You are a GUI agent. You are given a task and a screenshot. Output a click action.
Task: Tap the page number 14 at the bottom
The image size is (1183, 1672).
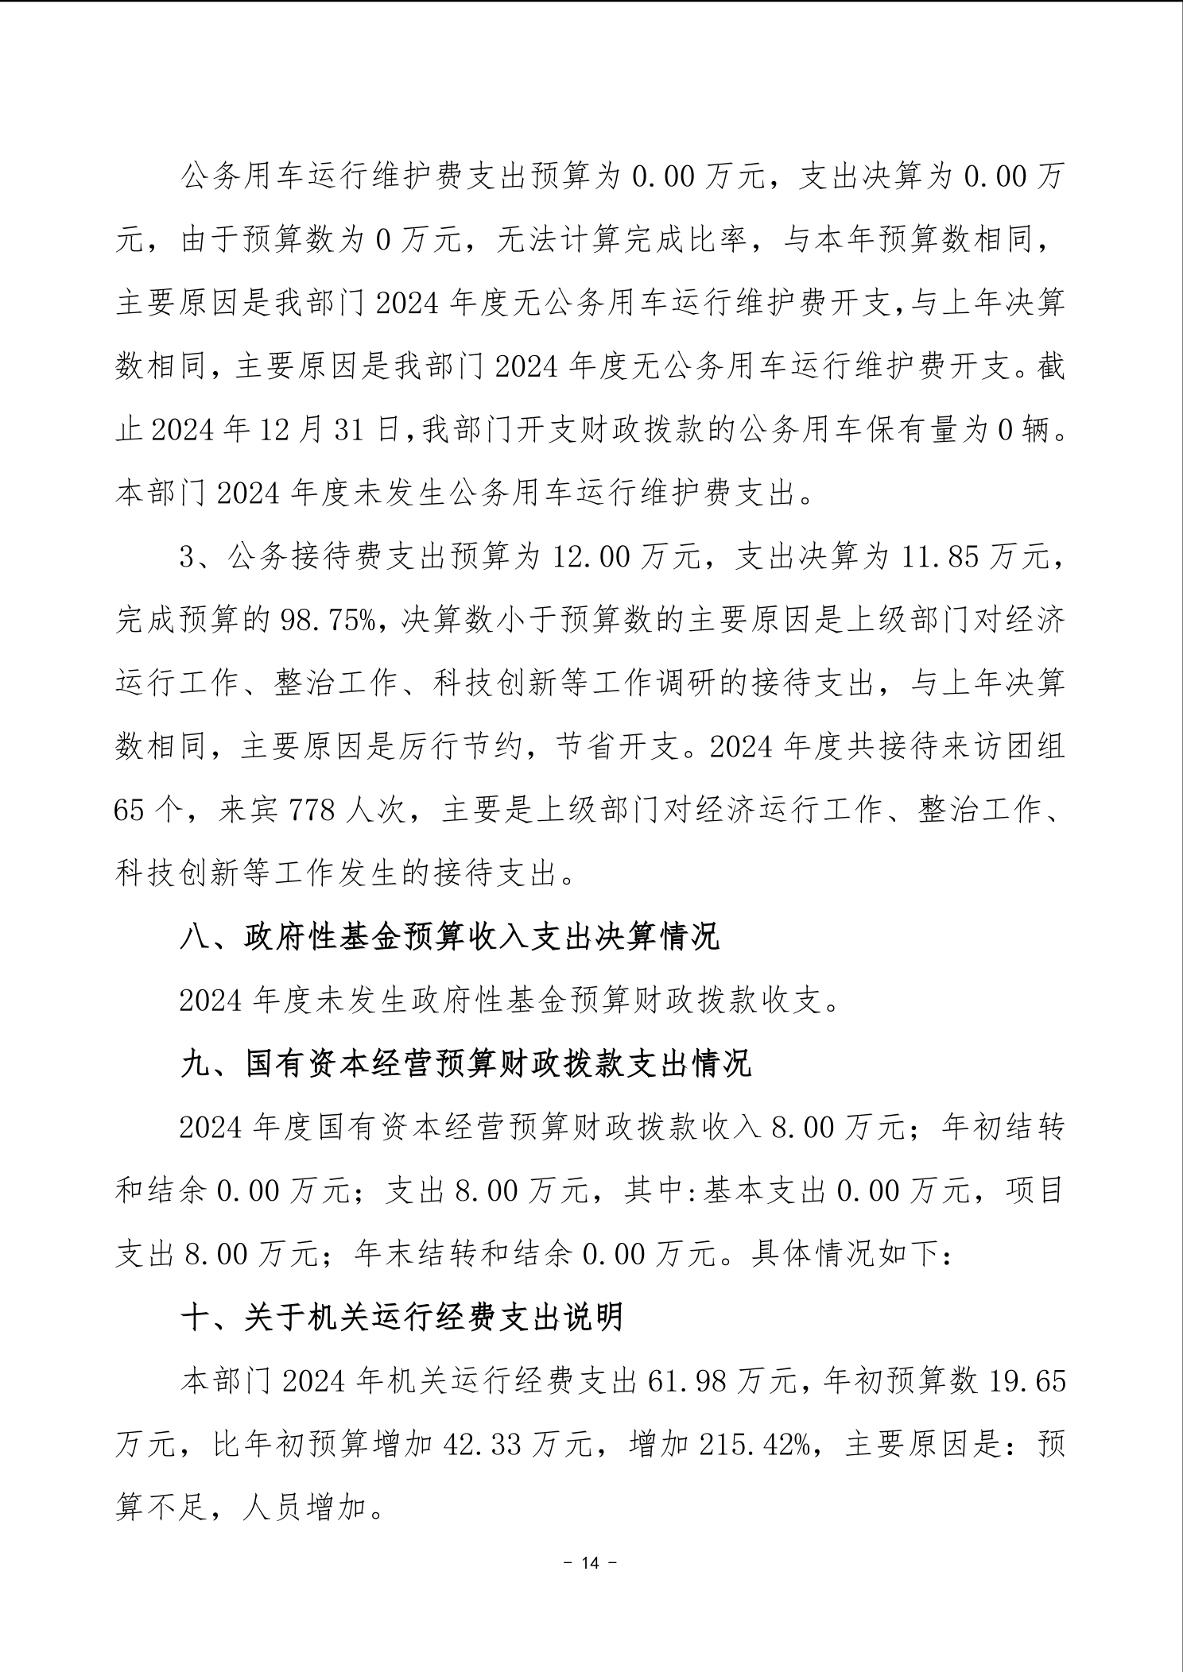[x=590, y=1563]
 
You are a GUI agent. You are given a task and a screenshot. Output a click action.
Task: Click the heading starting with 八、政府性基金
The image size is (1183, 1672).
[x=450, y=937]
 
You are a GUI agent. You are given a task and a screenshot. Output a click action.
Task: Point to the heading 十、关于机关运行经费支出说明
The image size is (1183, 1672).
[x=402, y=1318]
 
